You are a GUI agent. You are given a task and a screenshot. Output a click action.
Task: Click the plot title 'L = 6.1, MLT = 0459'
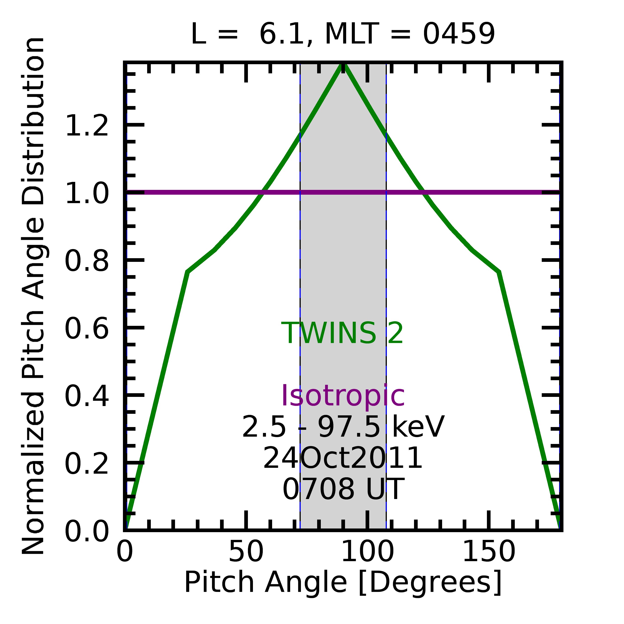tap(343, 34)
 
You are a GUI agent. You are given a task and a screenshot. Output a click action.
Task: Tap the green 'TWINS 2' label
tap(342, 333)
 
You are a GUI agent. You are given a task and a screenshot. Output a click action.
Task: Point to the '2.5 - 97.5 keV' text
tap(343, 427)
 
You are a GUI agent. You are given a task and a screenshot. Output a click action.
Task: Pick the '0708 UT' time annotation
tap(343, 489)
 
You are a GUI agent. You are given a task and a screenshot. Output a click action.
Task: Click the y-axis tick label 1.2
tap(87, 126)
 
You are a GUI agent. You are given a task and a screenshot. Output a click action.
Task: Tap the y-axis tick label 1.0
tap(87, 194)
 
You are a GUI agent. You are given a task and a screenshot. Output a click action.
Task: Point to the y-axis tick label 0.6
tap(87, 329)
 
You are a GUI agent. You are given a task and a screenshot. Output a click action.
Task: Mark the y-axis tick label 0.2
tap(87, 464)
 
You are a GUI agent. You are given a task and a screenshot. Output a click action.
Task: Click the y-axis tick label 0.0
tap(87, 532)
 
